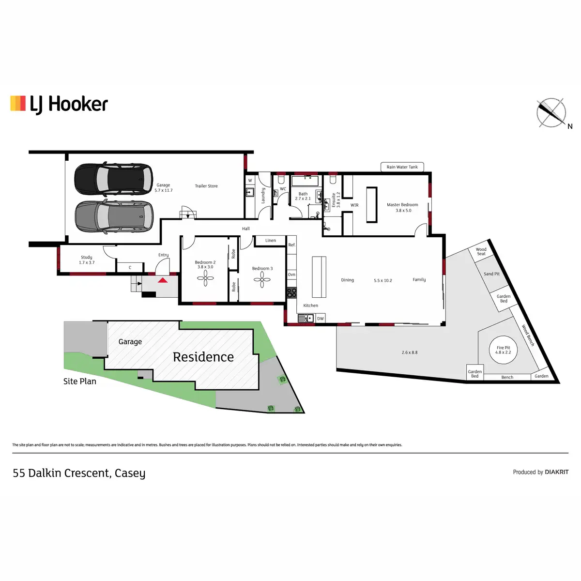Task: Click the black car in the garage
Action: [x=114, y=179]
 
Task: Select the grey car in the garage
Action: [x=114, y=217]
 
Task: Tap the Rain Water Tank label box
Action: [x=402, y=167]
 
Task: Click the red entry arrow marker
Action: [x=163, y=280]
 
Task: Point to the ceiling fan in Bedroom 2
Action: [x=205, y=278]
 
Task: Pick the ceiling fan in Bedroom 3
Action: [x=262, y=279]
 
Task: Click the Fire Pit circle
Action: [x=503, y=350]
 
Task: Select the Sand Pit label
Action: [x=491, y=274]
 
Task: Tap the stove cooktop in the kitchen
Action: [x=291, y=293]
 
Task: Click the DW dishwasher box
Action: [x=320, y=319]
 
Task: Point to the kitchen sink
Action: [x=306, y=318]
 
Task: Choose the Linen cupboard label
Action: [x=271, y=240]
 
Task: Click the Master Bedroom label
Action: [x=402, y=205]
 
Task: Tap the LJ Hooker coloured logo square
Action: [x=18, y=104]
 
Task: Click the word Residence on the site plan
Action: [x=203, y=357]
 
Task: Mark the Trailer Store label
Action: [x=206, y=186]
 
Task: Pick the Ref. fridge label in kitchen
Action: [x=291, y=245]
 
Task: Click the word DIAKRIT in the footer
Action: [x=557, y=472]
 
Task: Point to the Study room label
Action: [x=87, y=257]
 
